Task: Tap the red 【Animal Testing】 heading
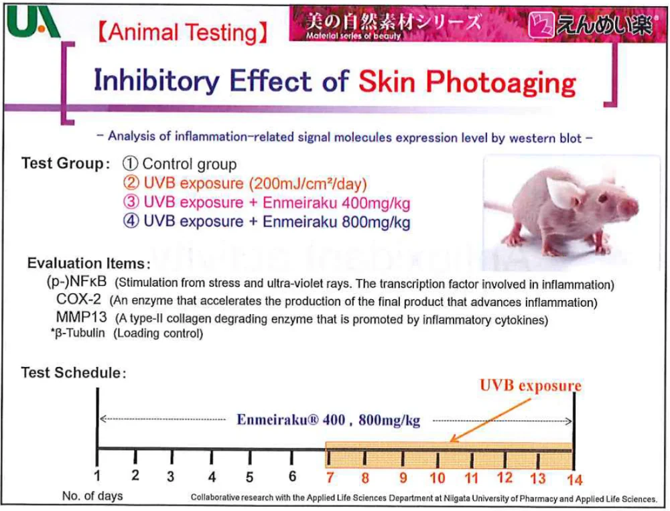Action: pyautogui.click(x=183, y=32)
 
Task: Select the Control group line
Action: pyautogui.click(x=180, y=164)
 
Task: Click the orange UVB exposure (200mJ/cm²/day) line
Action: pyautogui.click(x=245, y=184)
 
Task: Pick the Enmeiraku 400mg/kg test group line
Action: pyautogui.click(x=267, y=203)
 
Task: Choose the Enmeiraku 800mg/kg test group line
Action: pyautogui.click(x=267, y=222)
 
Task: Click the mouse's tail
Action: pyautogui.click(x=499, y=206)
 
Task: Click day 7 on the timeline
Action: pyautogui.click(x=330, y=478)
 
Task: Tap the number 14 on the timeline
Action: pyautogui.click(x=574, y=479)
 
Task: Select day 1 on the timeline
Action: pyautogui.click(x=98, y=477)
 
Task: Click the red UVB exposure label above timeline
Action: pyautogui.click(x=530, y=386)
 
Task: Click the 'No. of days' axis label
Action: pyautogui.click(x=92, y=496)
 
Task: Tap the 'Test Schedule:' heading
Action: pyautogui.click(x=74, y=372)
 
